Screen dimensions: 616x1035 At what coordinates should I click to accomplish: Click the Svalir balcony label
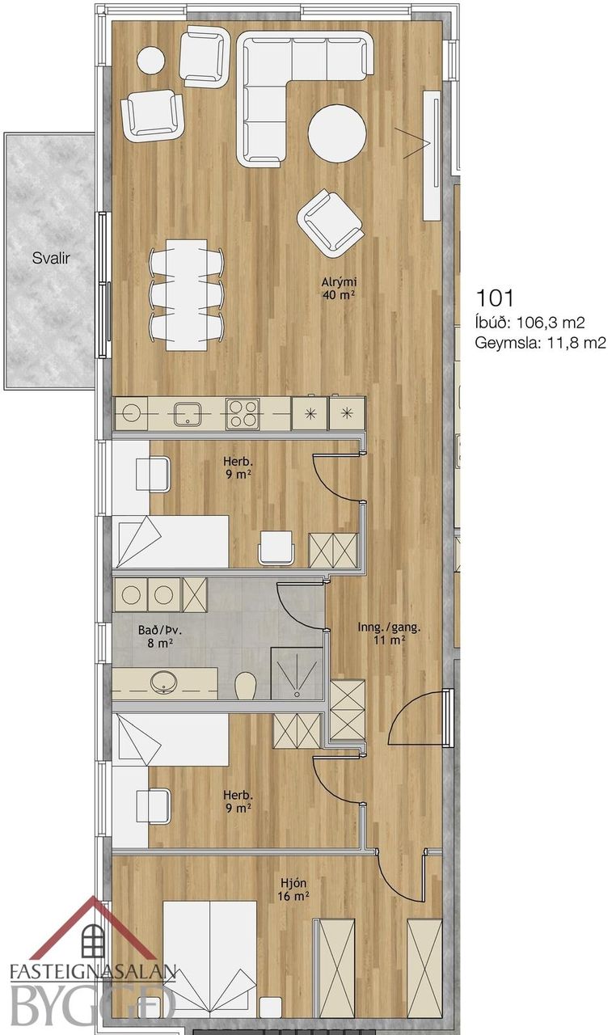[x=51, y=258]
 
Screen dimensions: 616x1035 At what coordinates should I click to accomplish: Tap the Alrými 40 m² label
[x=340, y=289]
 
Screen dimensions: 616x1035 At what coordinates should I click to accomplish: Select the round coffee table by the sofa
[x=337, y=133]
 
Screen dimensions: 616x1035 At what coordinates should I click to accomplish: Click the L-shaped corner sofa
[x=305, y=99]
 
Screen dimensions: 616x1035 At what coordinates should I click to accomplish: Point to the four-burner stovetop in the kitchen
[x=242, y=413]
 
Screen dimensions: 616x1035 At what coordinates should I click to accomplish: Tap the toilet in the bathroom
[x=246, y=686]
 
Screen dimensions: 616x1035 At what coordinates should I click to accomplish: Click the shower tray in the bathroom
[x=297, y=674]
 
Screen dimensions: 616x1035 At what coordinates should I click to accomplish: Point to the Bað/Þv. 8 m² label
[x=155, y=636]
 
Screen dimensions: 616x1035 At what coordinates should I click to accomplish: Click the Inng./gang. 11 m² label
[x=389, y=633]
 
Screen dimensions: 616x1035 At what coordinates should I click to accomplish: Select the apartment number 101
[x=494, y=298]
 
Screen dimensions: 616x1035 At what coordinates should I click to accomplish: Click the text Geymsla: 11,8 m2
[x=540, y=343]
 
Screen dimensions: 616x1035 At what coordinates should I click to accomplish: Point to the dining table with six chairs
[x=187, y=294]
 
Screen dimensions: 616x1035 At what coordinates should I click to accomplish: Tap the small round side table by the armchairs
[x=150, y=61]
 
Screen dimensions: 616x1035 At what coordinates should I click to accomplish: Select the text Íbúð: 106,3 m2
[x=530, y=322]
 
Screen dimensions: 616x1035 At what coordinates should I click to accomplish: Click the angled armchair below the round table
[x=331, y=223]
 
